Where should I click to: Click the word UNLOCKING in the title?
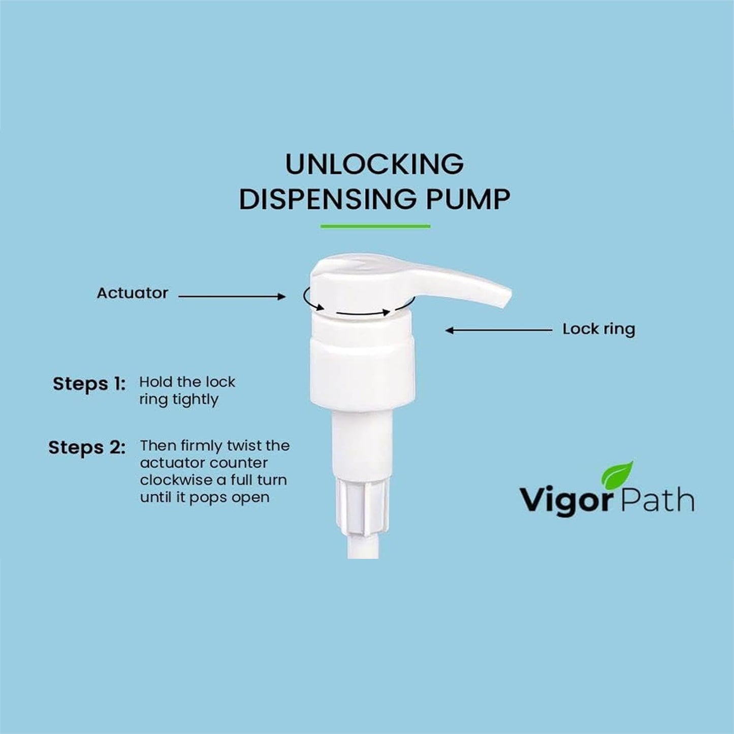point(374,164)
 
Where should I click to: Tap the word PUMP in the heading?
point(467,199)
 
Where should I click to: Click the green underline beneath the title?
point(375,226)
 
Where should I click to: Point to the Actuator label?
point(132,293)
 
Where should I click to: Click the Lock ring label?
point(598,329)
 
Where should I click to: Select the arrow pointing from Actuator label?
point(232,296)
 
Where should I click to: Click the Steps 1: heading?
point(89,384)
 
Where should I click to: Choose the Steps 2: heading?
point(87,448)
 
